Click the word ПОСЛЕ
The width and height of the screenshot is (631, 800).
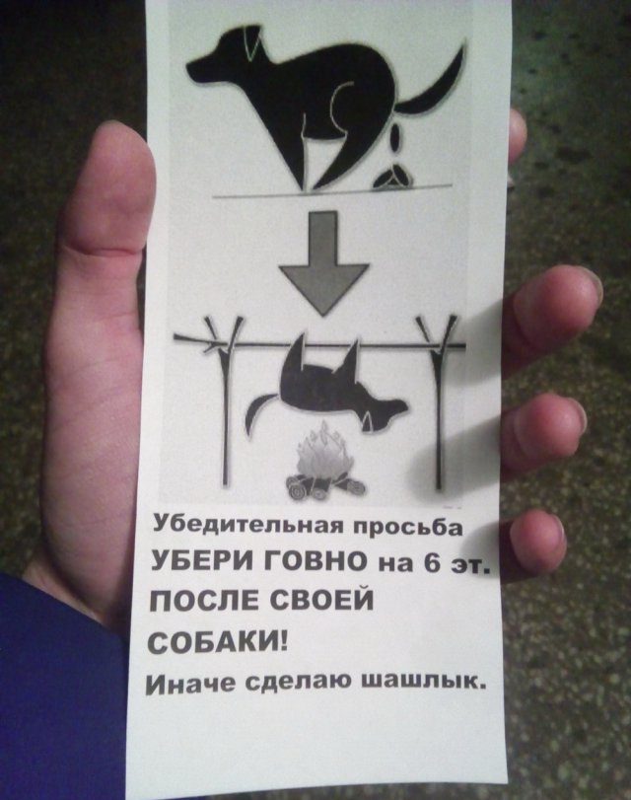click(203, 601)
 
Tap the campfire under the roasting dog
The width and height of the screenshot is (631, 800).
click(325, 462)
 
